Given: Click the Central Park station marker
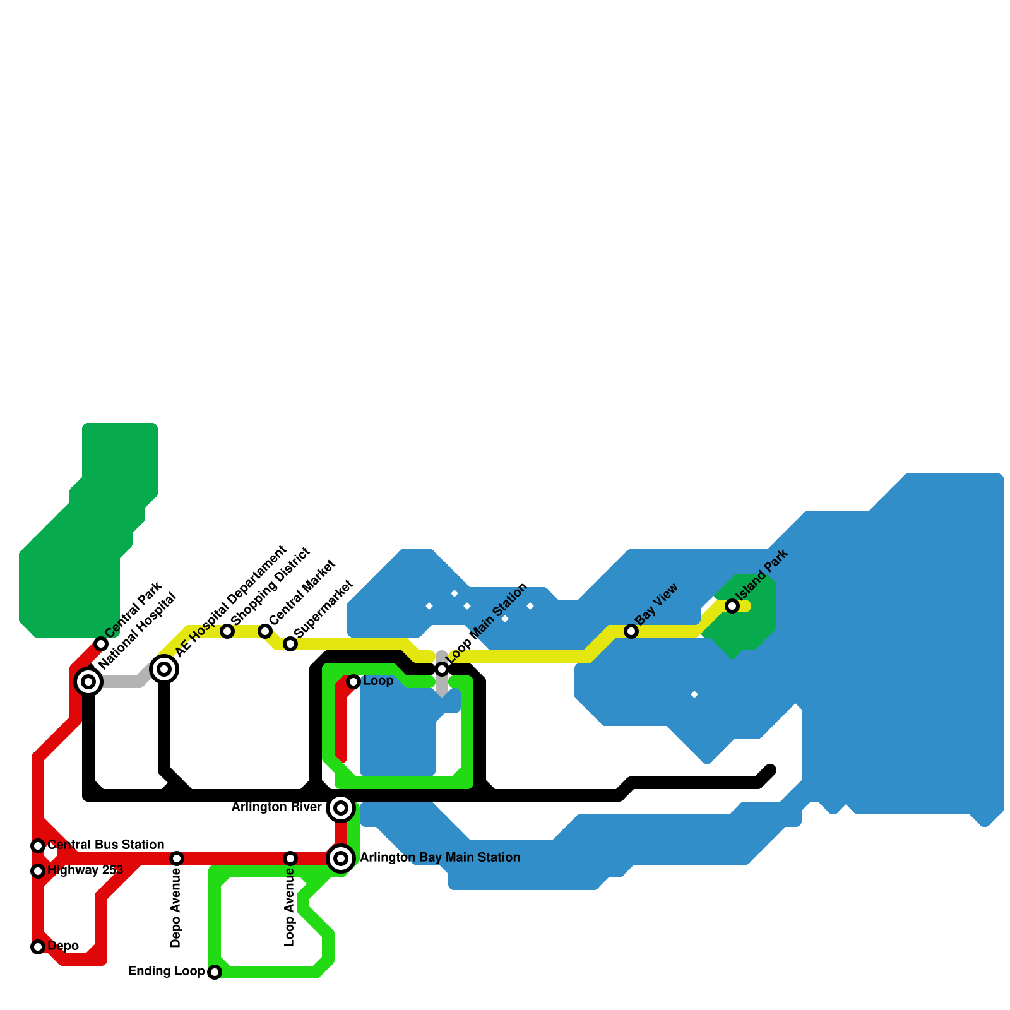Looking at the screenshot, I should [101, 644].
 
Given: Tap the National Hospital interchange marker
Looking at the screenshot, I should [88, 682].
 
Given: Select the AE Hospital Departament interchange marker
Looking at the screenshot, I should [164, 668].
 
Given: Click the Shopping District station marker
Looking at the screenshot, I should [227, 631].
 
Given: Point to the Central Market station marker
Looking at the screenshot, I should [265, 631].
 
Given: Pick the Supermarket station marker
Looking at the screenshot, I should [290, 644].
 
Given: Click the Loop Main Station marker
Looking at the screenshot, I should [442, 669].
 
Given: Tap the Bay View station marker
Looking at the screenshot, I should [631, 631].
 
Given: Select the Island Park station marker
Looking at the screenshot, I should [732, 606].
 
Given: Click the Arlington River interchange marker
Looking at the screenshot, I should [341, 808].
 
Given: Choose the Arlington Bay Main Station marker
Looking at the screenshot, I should [341, 858].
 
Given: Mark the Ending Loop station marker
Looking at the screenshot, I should [215, 972].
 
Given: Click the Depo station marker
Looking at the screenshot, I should [38, 947].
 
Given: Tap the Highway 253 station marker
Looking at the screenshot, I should [38, 871].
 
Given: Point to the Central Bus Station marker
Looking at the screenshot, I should [38, 846].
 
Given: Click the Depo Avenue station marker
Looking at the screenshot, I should [177, 858].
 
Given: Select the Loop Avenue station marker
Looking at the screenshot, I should [290, 858].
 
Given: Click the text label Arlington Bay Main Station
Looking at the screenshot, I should [440, 858].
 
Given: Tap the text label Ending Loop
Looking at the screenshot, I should [166, 971].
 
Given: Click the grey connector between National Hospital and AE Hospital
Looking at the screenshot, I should [123, 682].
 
